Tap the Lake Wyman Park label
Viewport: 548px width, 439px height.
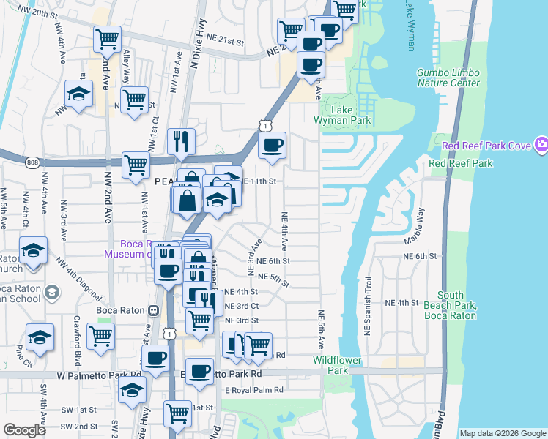pyautogui.click(x=352, y=115)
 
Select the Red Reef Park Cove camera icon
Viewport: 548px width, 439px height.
pyautogui.click(x=541, y=145)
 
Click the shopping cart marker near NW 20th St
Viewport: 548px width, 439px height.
pyautogui.click(x=108, y=38)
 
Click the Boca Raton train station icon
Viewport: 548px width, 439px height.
pyautogui.click(x=153, y=309)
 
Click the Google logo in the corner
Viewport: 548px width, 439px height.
pyautogui.click(x=24, y=430)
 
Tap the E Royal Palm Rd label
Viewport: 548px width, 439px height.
pyautogui.click(x=253, y=390)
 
